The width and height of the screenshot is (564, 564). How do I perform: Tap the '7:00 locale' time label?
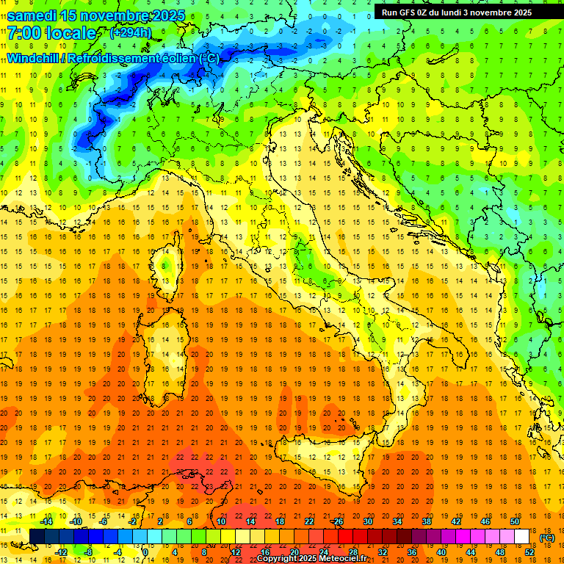pos(51,33)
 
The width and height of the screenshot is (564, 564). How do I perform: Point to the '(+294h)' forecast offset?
pos(131,33)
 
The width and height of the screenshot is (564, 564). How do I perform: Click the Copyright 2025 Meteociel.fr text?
pos(317,559)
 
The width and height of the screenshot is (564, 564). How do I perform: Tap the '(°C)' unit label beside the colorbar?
pos(546,538)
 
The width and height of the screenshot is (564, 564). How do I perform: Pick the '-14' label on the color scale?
pos(46,521)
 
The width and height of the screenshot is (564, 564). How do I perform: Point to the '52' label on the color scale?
pos(529,552)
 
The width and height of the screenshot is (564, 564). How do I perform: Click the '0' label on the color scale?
pos(145,552)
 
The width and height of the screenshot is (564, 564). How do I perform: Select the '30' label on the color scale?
pos(367,521)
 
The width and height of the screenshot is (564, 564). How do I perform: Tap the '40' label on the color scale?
pos(441,552)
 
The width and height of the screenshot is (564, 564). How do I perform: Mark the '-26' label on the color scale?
pos(337,521)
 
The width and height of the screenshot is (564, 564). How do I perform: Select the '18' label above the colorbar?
pos(279,521)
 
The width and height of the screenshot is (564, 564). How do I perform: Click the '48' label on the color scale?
pos(500,552)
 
